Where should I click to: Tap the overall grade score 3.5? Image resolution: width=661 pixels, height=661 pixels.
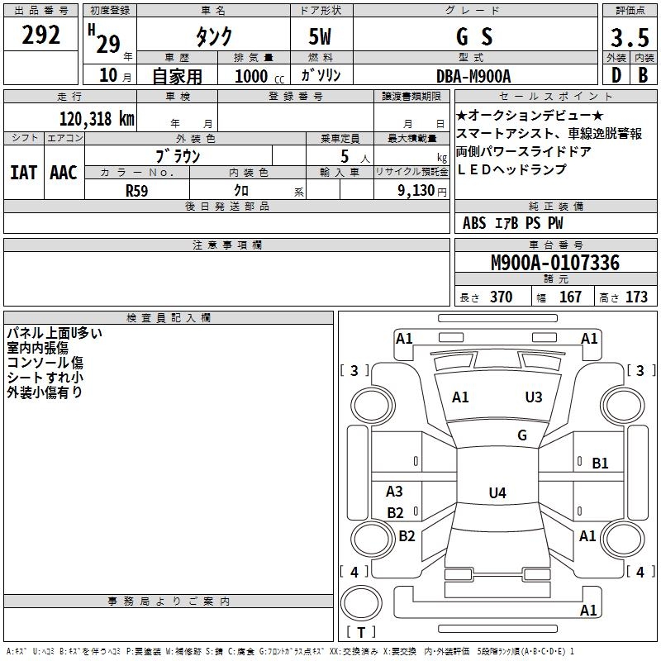pos(630,37)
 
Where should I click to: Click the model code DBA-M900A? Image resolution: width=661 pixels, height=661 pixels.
pos(473,76)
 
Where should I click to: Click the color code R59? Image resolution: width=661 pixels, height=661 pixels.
pos(137,189)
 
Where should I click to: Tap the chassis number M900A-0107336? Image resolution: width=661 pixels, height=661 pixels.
pos(554,264)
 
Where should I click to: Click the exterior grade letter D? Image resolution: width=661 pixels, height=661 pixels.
pos(616,75)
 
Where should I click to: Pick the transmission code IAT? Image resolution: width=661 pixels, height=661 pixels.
pos(22,173)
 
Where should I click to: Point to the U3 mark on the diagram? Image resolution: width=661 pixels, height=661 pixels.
pos(534,397)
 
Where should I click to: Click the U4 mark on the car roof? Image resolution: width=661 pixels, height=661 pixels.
pos(497,493)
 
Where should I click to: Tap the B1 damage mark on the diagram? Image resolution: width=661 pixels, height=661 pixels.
pos(600,464)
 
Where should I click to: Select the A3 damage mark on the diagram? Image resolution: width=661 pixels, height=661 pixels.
pos(395,492)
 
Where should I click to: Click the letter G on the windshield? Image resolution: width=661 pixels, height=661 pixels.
pos(522,435)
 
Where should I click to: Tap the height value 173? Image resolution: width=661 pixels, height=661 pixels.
pos(636,297)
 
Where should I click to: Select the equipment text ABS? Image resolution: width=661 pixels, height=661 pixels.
pos(474,223)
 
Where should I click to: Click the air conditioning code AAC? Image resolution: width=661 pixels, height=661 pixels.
pos(64,173)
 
